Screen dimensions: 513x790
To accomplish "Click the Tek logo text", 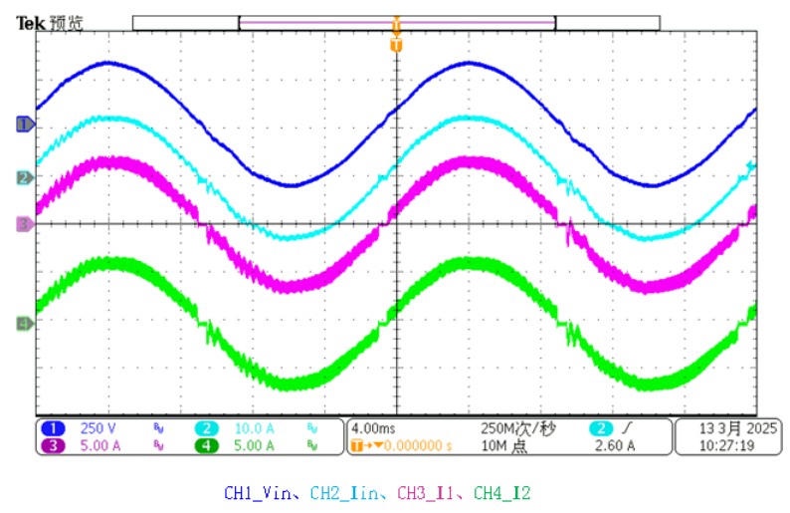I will (31, 22).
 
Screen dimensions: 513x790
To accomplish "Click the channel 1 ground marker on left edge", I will (24, 125).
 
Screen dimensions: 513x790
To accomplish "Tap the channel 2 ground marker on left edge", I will (24, 178).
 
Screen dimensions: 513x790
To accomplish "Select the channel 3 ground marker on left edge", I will (24, 225).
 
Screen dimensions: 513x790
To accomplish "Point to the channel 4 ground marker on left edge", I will (24, 323).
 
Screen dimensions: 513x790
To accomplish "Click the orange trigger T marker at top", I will (396, 46).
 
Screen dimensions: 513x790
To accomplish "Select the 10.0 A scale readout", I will (255, 428).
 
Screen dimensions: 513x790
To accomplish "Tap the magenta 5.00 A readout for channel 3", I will (100, 446).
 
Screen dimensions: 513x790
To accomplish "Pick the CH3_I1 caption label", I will (430, 492).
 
